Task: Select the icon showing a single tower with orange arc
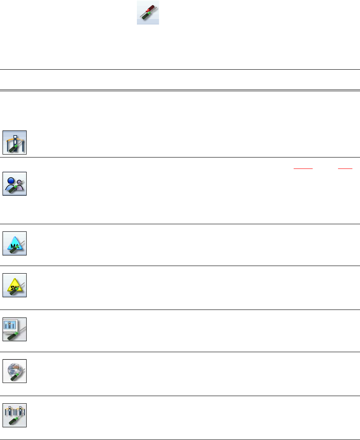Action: coord(15,142)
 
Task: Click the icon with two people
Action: coord(15,184)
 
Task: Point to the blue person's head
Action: coord(11,179)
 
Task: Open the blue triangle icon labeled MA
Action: coord(15,244)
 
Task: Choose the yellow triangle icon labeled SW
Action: coord(15,285)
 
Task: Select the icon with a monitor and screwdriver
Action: coord(15,329)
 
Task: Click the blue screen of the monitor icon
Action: coord(13,326)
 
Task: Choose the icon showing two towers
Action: coord(15,415)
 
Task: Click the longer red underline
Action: coord(303,168)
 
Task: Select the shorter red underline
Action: coord(345,168)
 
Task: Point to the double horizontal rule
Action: coord(180,90)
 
